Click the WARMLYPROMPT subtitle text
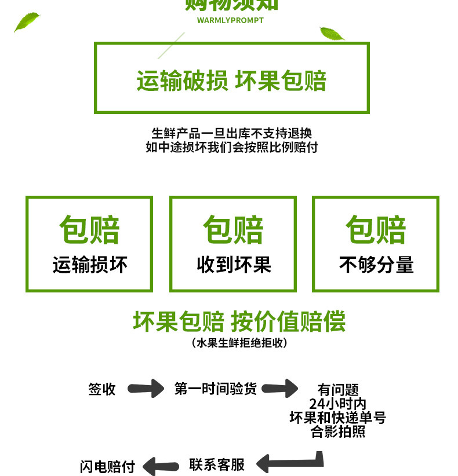click(x=230, y=20)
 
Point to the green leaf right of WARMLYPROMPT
click(x=332, y=34)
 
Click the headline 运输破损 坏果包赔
click(x=231, y=81)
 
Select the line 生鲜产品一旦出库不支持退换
click(x=231, y=133)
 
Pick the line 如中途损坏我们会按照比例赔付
click(x=231, y=147)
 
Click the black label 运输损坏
click(x=90, y=265)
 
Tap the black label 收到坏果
click(x=234, y=265)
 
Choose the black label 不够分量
click(x=376, y=265)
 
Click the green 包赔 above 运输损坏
click(x=90, y=230)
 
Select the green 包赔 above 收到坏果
click(x=234, y=230)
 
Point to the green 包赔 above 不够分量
click(x=376, y=230)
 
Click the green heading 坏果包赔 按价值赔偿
click(x=239, y=321)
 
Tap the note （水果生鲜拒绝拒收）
click(x=239, y=343)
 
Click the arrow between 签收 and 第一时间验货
click(x=146, y=388)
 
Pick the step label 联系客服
click(x=217, y=464)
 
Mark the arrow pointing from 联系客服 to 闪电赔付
click(x=161, y=465)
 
